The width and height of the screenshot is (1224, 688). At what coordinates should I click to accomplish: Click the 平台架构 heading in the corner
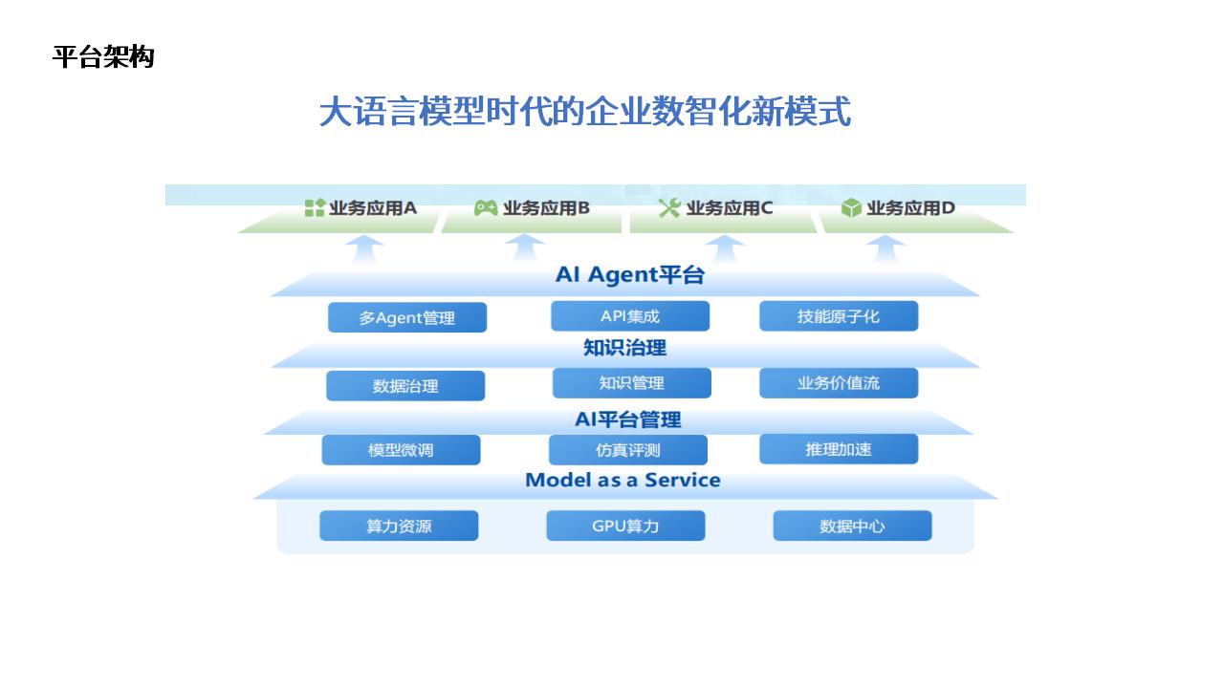point(103,56)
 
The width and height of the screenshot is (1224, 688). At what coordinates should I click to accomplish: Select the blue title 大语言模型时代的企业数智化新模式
point(584,112)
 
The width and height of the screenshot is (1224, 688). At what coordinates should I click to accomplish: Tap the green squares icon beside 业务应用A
point(315,207)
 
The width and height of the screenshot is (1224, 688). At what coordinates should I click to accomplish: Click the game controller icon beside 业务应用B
point(485,207)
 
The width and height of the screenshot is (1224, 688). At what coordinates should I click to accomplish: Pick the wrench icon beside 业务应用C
point(668,207)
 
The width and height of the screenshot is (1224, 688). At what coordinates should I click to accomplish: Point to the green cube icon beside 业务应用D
point(851,207)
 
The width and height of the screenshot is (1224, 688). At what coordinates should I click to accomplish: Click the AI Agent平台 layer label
point(629,274)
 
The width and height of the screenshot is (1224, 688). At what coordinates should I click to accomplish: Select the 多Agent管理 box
point(407,317)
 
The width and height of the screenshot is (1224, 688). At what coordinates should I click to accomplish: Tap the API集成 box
point(630,316)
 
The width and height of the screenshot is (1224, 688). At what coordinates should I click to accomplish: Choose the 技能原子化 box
point(839,316)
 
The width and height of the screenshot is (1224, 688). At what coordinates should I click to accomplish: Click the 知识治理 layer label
point(624,347)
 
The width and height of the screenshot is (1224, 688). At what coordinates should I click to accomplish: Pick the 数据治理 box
point(405,386)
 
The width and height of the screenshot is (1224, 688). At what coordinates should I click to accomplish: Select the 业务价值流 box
point(839,383)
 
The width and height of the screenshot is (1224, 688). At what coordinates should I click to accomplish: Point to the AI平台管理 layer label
point(628,419)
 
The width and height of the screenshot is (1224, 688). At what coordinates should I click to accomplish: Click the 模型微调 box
point(401,450)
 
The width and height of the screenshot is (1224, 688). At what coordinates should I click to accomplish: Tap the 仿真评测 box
point(628,450)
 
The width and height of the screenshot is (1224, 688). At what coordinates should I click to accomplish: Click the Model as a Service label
point(623,480)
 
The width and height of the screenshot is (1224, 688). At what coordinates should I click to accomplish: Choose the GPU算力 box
point(625,526)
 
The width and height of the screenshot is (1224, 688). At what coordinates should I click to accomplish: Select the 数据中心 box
point(852,526)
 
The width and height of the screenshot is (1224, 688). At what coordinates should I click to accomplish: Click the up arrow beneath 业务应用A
point(365,249)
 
